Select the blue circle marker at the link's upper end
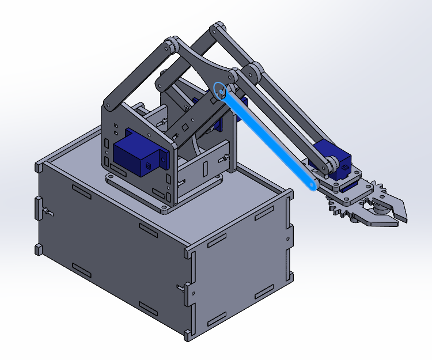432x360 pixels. (x=219, y=90)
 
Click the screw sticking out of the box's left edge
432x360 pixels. (x=48, y=213)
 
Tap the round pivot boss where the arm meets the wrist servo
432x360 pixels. (x=331, y=164)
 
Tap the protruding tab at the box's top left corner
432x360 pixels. (x=39, y=167)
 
